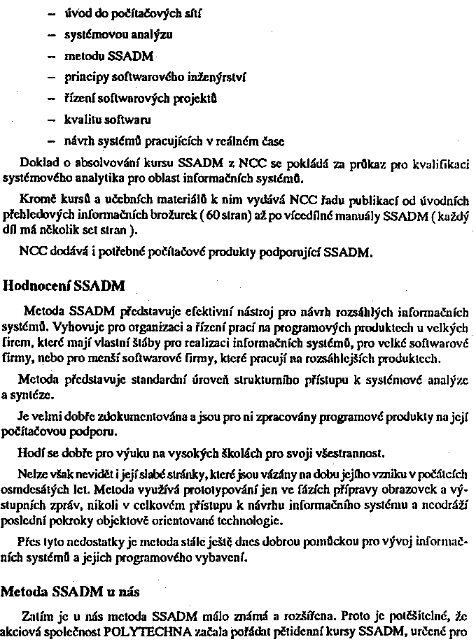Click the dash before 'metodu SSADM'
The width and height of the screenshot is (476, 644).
point(51,56)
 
